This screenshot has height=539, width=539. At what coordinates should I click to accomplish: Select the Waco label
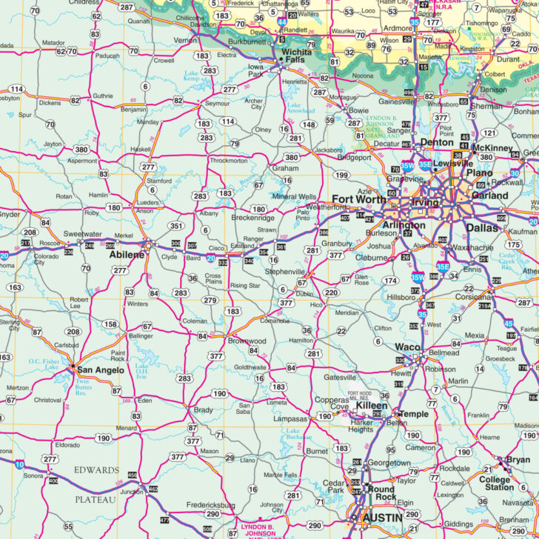click(407, 346)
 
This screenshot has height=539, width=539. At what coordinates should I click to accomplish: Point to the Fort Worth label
click(358, 199)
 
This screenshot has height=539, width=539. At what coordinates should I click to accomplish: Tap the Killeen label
click(371, 406)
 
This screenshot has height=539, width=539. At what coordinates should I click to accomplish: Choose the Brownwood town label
click(247, 341)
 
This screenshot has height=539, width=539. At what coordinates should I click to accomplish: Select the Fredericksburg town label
click(191, 505)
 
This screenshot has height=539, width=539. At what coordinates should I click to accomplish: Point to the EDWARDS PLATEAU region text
click(96, 484)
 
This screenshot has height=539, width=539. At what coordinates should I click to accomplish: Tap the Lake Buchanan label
click(292, 434)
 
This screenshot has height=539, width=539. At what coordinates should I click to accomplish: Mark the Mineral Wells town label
click(294, 197)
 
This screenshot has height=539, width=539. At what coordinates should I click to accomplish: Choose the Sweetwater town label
click(82, 233)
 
